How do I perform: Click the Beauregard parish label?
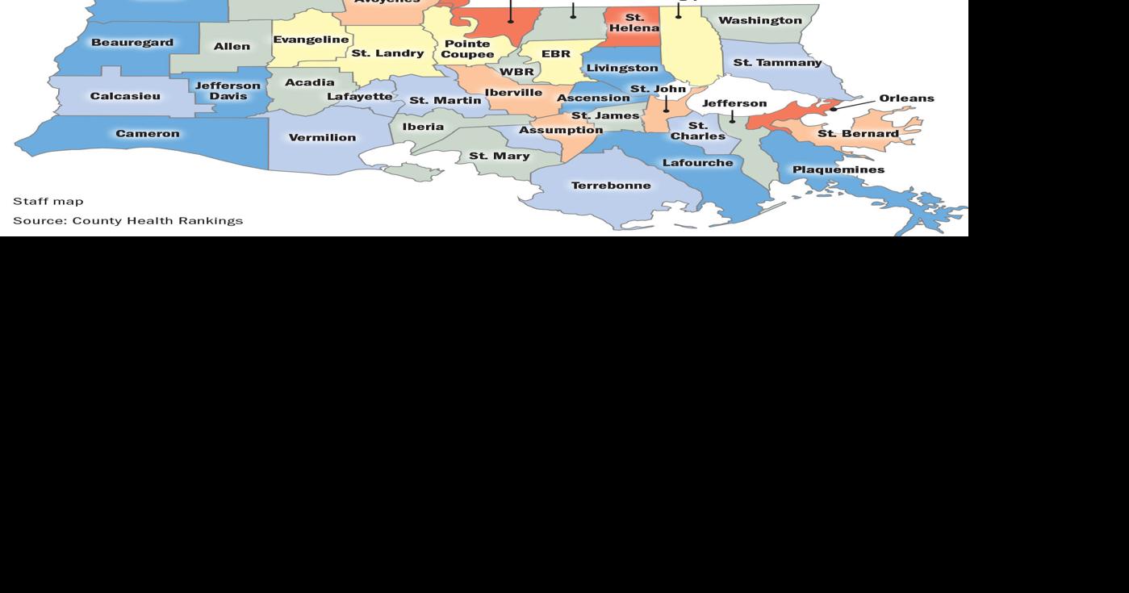click(x=132, y=42)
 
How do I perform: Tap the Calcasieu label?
click(x=125, y=96)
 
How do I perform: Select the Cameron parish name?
click(x=148, y=133)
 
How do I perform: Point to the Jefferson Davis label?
click(x=228, y=90)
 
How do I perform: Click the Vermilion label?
click(x=322, y=137)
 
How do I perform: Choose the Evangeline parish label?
click(x=311, y=40)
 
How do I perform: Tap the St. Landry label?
click(x=387, y=53)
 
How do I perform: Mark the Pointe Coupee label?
click(x=467, y=49)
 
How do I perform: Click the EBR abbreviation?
click(x=556, y=54)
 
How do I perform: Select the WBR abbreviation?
click(x=516, y=72)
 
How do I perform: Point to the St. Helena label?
click(x=634, y=23)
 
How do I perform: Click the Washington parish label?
click(x=759, y=20)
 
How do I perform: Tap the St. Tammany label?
click(x=777, y=62)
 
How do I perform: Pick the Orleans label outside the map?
click(x=906, y=98)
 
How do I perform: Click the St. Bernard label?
click(x=858, y=133)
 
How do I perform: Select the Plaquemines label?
click(x=838, y=169)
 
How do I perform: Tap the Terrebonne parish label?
click(x=611, y=186)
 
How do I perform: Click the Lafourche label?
click(x=697, y=162)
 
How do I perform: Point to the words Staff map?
click(x=48, y=201)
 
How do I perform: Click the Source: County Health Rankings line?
click(x=128, y=220)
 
